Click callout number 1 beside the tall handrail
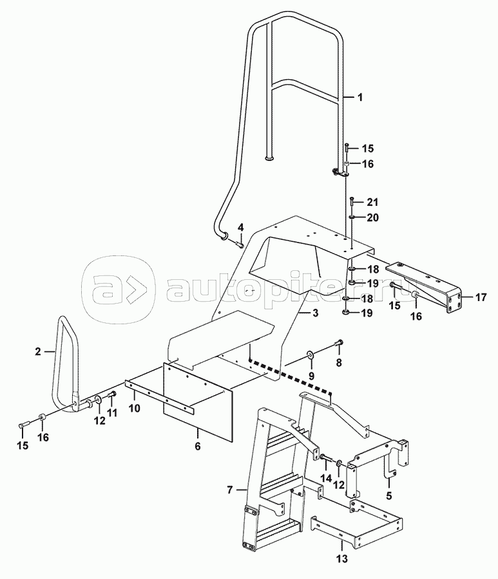coord(360,98)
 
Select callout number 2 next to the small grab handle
coord(38,351)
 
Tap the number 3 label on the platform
coord(316,313)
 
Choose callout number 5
coord(388,496)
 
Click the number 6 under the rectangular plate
coord(198,445)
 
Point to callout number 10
coord(135,408)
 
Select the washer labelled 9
coord(312,354)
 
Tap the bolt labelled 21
coord(352,203)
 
